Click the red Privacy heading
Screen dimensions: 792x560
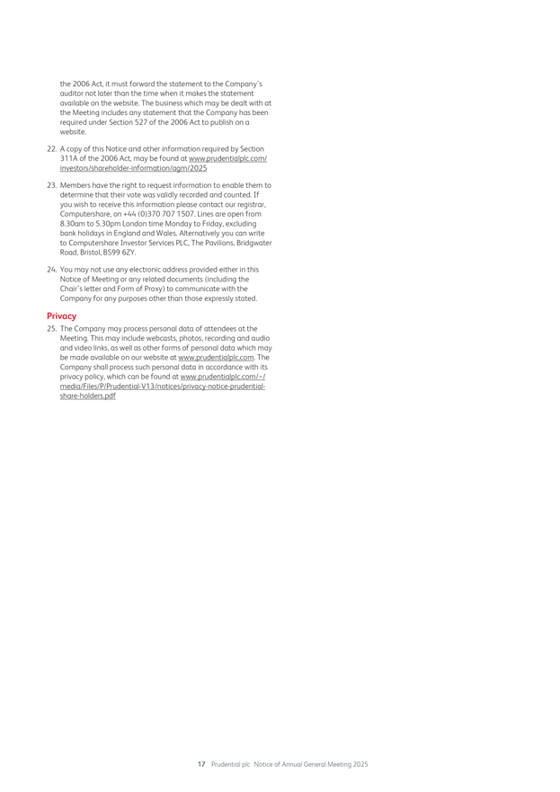(61, 316)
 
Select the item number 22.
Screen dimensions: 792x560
(51, 149)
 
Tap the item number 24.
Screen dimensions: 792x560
(51, 269)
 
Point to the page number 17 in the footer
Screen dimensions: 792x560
(201, 764)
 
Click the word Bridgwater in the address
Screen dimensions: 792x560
(253, 243)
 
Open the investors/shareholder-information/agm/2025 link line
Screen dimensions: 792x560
(133, 168)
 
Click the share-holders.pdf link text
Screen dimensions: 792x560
(87, 396)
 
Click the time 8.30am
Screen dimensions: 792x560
(73, 224)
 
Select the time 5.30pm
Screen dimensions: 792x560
(110, 224)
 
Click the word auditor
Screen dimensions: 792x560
(73, 93)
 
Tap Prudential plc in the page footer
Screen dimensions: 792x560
(230, 764)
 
